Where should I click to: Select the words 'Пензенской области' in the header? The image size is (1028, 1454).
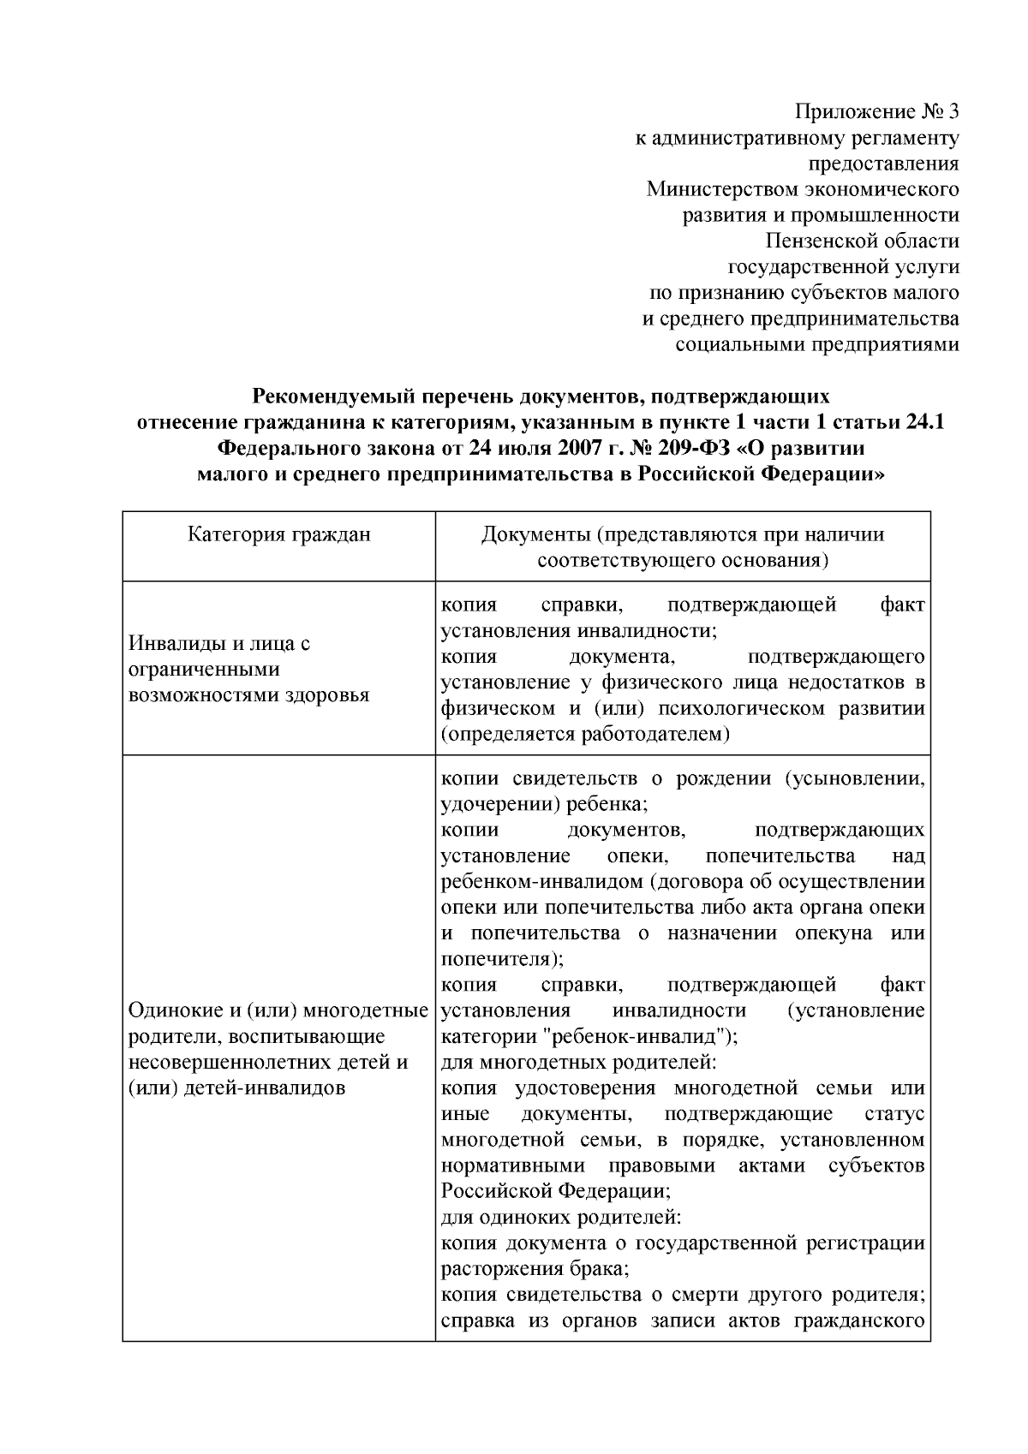tap(863, 241)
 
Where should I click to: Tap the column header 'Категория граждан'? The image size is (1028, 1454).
tap(279, 535)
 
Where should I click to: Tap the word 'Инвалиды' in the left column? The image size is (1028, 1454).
tap(171, 644)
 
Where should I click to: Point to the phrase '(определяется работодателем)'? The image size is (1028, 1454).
tap(585, 734)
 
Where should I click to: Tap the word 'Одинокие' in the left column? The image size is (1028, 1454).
tap(170, 1011)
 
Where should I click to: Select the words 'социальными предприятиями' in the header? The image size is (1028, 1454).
tap(817, 344)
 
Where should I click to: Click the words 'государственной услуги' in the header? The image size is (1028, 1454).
tap(843, 267)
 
